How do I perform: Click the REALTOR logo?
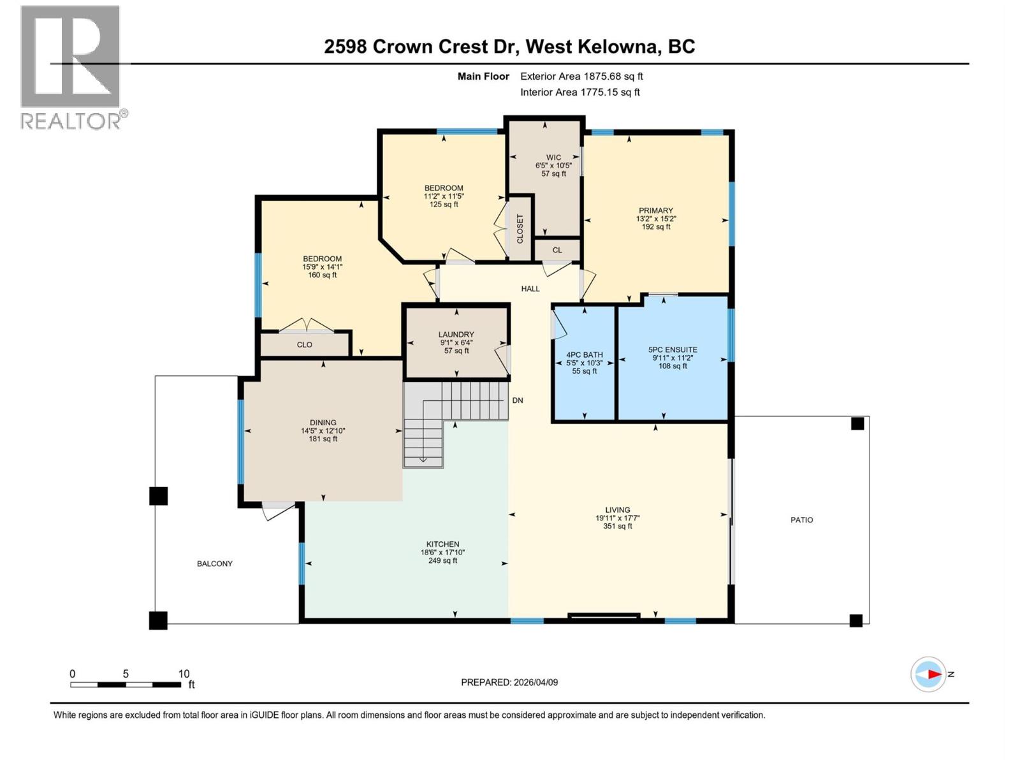pyautogui.click(x=71, y=67)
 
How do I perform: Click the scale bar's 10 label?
pyautogui.click(x=184, y=674)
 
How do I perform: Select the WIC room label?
pyautogui.click(x=553, y=157)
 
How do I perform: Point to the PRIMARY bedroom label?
pyautogui.click(x=656, y=210)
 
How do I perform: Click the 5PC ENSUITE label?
pyautogui.click(x=673, y=349)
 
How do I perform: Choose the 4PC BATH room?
pyautogui.click(x=584, y=362)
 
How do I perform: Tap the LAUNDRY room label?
pyautogui.click(x=456, y=335)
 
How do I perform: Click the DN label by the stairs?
pyautogui.click(x=518, y=400)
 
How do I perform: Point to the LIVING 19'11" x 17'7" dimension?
pyautogui.click(x=617, y=518)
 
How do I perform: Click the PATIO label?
pyautogui.click(x=801, y=520)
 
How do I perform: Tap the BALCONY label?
pyautogui.click(x=215, y=564)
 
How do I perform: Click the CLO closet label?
pyautogui.click(x=305, y=344)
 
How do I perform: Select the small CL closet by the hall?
pyautogui.click(x=557, y=250)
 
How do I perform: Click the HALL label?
pyautogui.click(x=530, y=289)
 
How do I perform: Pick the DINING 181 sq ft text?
pyautogui.click(x=323, y=439)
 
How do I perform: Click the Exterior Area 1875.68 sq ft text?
pyautogui.click(x=581, y=76)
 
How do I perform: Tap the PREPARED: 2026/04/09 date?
pyautogui.click(x=509, y=682)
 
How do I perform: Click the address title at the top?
pyautogui.click(x=509, y=47)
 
